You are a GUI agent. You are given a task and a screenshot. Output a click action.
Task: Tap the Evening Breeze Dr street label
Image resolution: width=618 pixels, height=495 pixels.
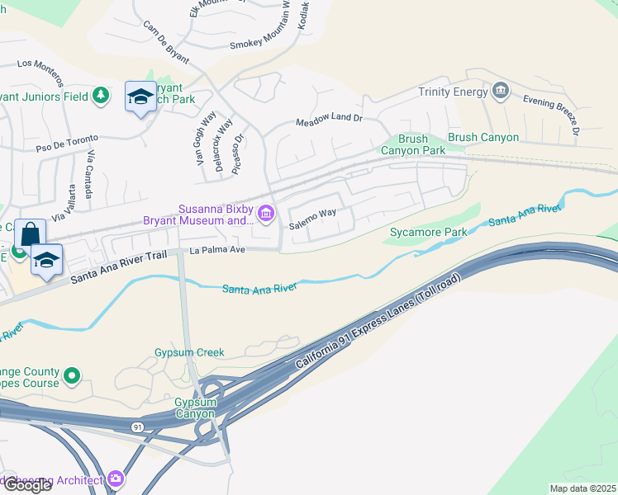(x=551, y=114)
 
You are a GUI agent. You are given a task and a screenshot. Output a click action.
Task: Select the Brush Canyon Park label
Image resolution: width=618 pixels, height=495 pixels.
(x=413, y=145)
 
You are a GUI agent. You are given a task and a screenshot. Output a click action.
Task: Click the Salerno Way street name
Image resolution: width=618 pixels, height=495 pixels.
(x=312, y=213)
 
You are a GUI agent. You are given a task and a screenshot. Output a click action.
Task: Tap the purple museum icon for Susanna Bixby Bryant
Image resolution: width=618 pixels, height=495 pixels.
(x=266, y=214)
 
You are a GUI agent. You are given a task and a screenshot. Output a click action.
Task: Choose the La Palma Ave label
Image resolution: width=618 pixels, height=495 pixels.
(x=218, y=249)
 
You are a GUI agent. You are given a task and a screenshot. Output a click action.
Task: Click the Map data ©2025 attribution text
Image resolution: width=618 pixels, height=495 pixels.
(x=582, y=488)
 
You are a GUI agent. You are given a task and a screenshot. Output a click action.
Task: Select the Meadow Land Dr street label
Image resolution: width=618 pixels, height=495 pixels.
(x=330, y=120)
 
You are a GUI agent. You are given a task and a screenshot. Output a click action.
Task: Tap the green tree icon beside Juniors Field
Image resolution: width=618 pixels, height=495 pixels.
(x=101, y=96)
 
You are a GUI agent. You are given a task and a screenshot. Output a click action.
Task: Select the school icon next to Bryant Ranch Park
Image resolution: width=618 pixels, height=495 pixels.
(x=140, y=97)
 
